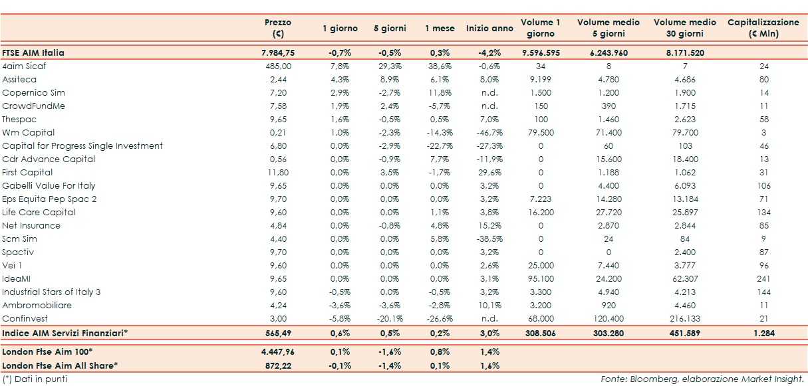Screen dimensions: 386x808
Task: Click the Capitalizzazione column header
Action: [x=763, y=27]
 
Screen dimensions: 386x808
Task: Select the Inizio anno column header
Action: [x=489, y=29]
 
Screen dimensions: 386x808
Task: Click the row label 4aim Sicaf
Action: [x=24, y=66]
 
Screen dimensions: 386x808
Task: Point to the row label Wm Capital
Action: [x=28, y=132]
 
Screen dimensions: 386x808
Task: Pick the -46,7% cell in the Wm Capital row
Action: [x=489, y=132]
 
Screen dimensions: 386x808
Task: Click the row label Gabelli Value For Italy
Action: [x=49, y=185]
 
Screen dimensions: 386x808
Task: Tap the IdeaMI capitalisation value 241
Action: [x=763, y=278]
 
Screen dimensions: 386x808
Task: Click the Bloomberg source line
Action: [x=702, y=379]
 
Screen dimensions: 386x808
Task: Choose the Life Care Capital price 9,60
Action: [x=278, y=212]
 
